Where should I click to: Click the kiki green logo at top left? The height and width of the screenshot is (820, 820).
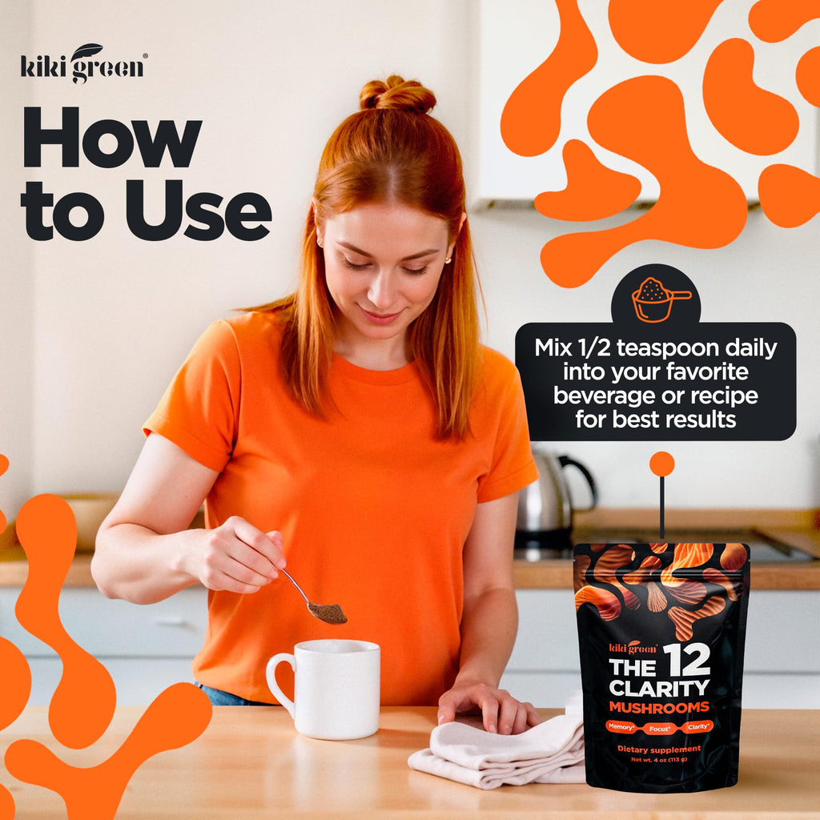pos(83,64)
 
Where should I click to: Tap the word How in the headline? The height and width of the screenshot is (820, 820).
pos(112,137)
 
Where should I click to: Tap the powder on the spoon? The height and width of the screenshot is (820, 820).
pos(328,613)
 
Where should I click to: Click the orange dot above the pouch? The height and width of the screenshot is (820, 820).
pos(662,464)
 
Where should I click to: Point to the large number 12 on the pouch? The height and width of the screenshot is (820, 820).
pos(687,660)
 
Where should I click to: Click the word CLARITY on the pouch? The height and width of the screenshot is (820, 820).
pos(659,688)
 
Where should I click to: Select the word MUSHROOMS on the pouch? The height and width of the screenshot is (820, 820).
pos(659,708)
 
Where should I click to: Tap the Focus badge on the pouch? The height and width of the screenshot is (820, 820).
pos(660,728)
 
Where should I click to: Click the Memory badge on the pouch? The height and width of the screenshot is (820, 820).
pos(621,727)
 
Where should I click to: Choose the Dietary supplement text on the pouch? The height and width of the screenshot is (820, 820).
pos(659,750)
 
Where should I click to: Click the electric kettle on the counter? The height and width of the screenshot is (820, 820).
pos(554,502)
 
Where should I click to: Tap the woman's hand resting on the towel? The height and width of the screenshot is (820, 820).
pos(486,706)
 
